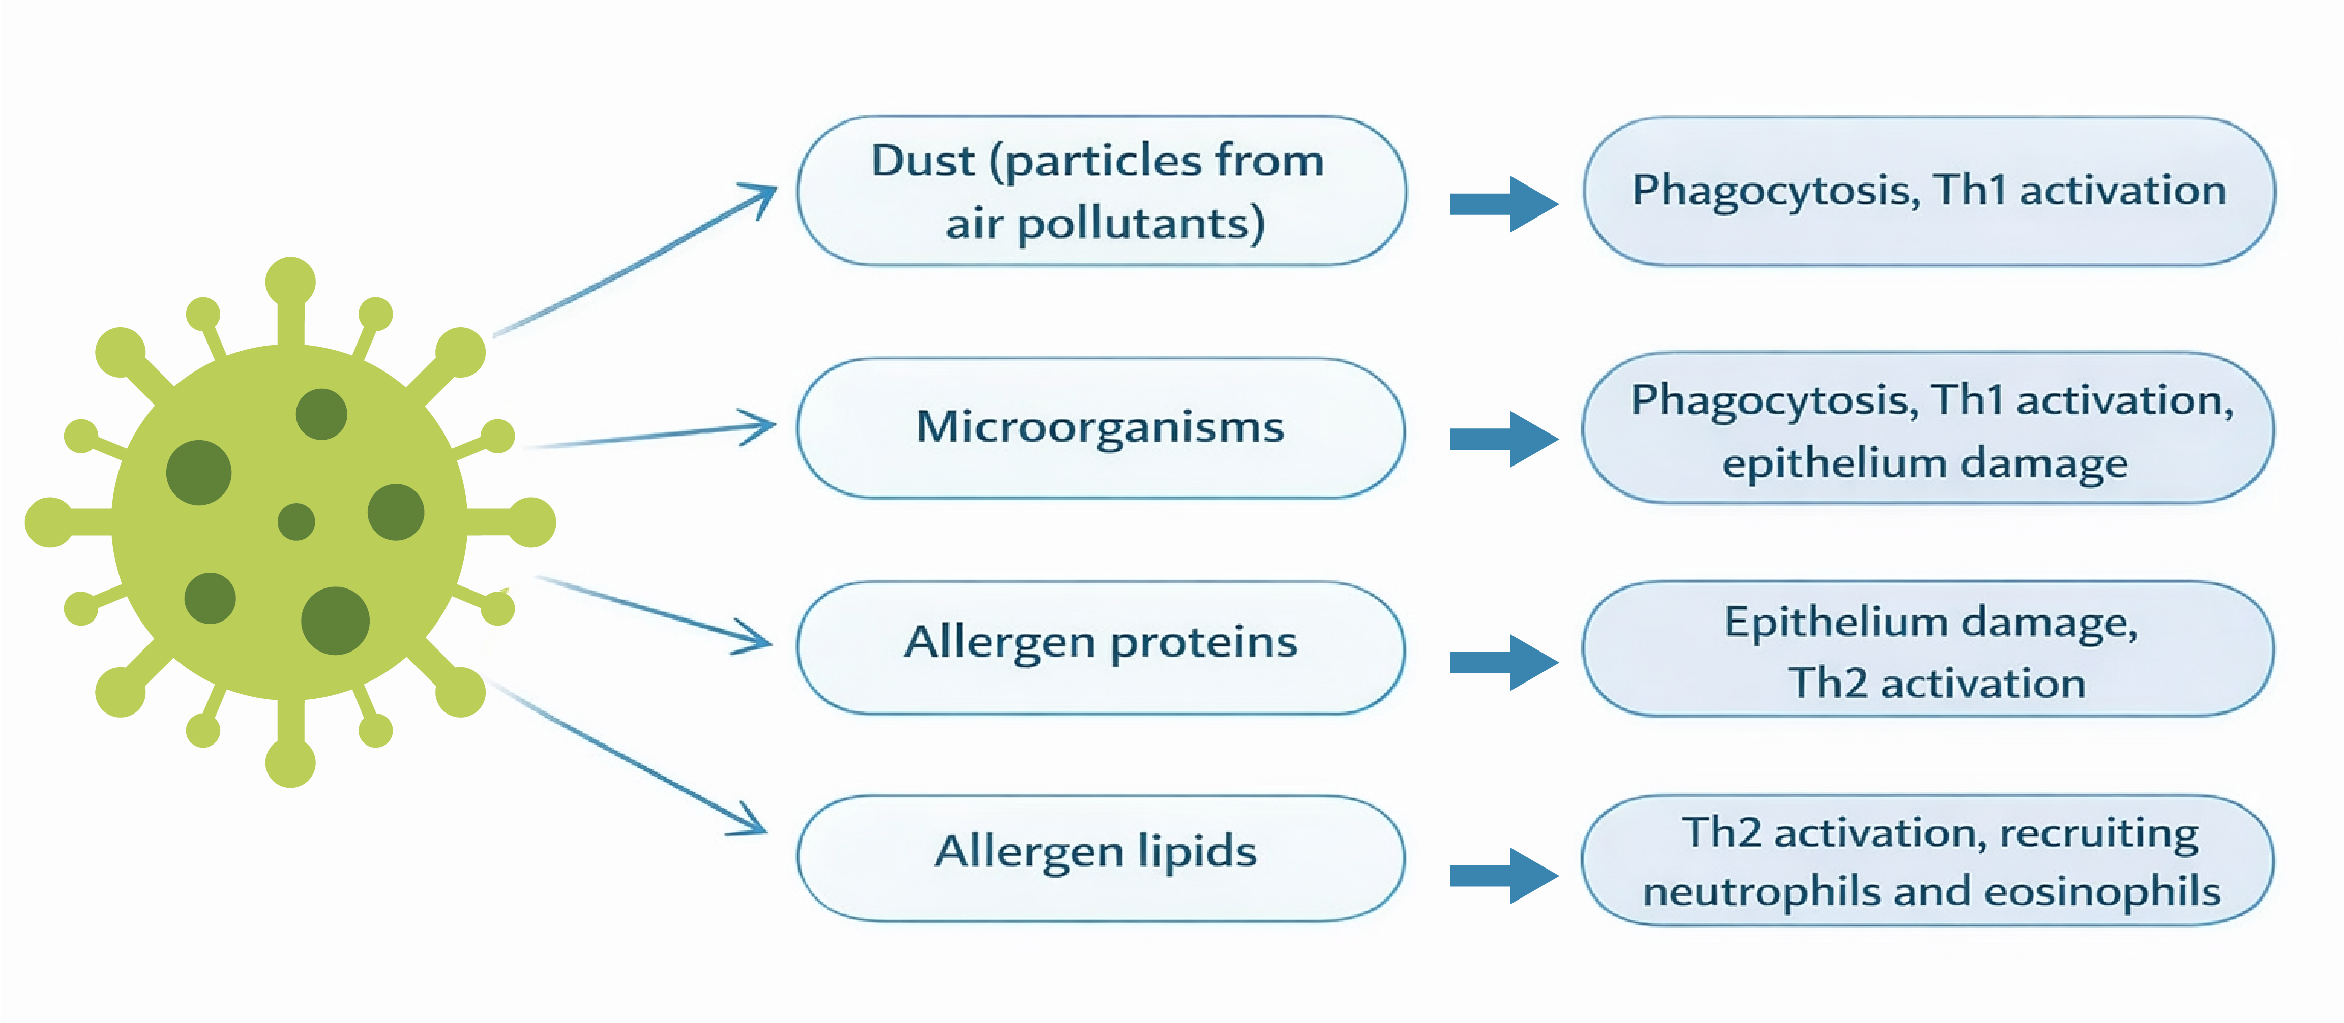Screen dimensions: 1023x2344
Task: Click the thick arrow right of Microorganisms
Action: point(1503,439)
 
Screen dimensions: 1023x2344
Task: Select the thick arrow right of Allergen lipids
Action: point(1503,876)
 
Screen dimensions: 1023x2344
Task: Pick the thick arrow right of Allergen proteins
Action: point(1503,662)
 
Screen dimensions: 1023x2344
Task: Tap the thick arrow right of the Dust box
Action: point(1503,204)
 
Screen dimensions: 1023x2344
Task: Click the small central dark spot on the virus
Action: point(295,522)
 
